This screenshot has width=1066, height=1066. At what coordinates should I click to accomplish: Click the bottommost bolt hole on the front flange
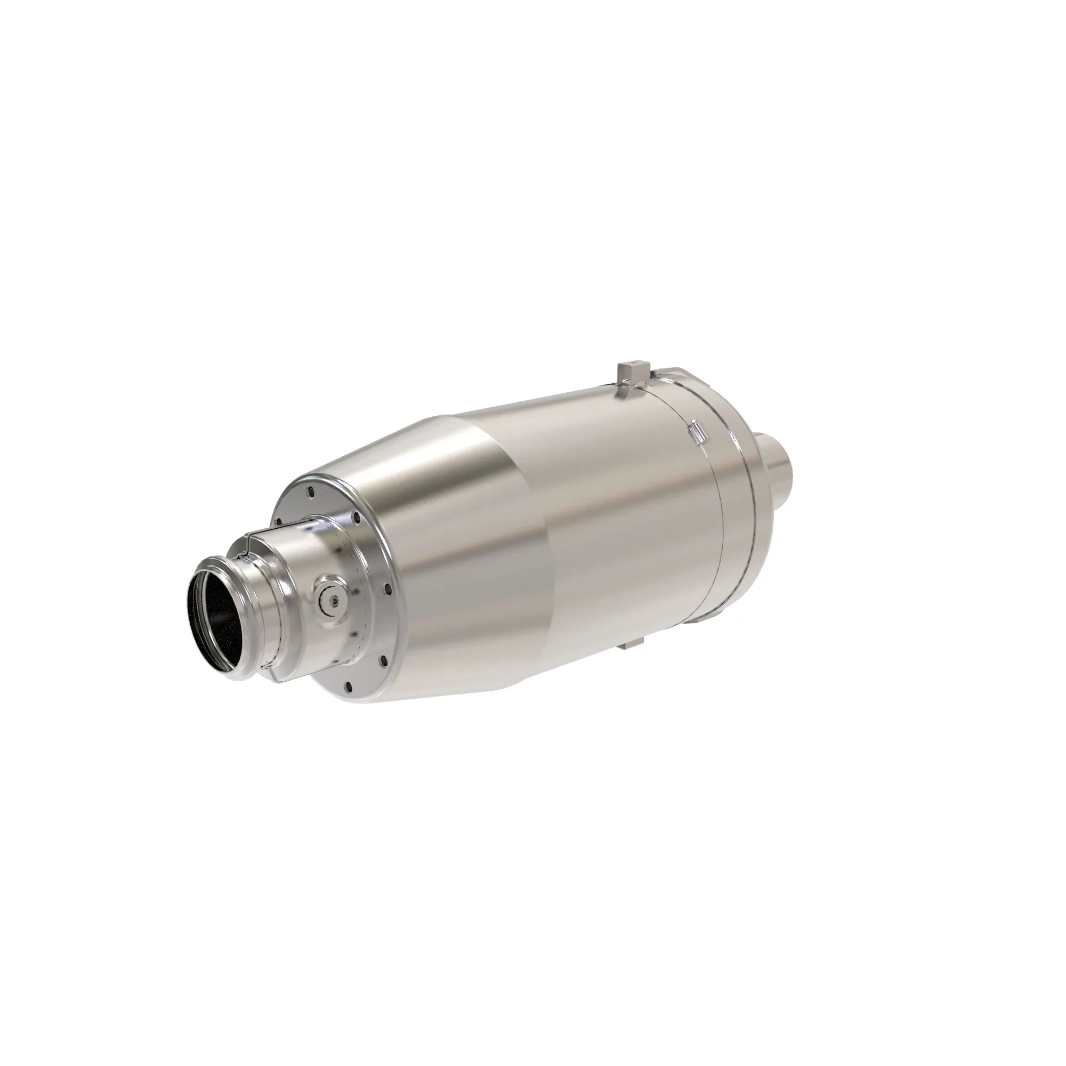[349, 686]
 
